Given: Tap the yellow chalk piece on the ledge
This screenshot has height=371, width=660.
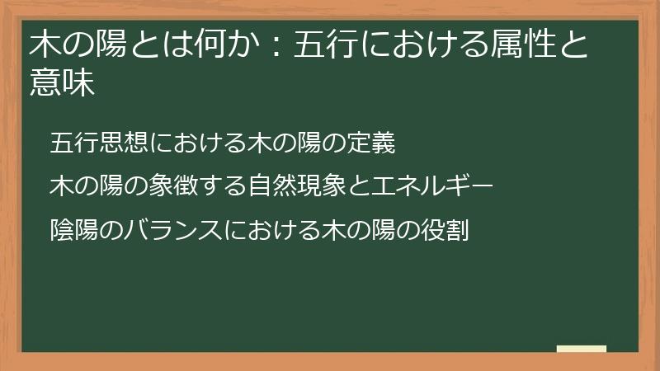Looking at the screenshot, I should click(581, 349).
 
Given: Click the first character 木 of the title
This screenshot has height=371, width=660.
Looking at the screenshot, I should click(45, 44).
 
